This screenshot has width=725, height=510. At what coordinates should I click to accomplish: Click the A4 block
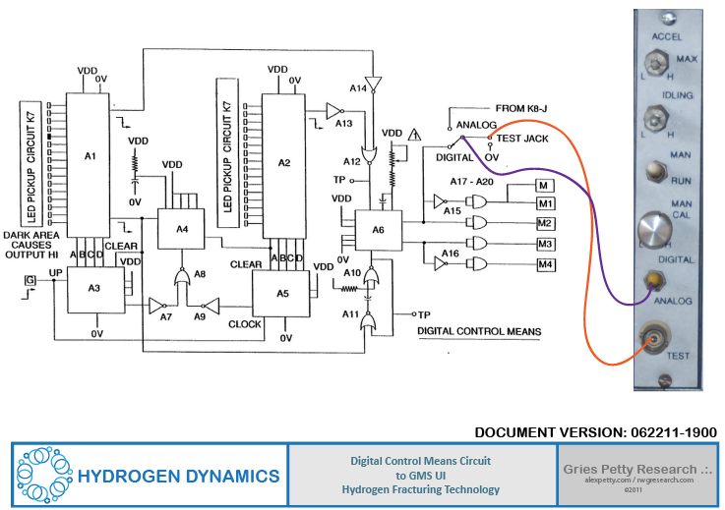(x=182, y=228)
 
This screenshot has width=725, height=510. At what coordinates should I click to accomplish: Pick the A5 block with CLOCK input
(x=282, y=293)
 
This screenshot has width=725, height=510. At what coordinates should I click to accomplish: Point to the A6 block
(x=378, y=228)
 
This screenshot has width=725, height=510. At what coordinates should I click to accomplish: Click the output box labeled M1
(x=545, y=203)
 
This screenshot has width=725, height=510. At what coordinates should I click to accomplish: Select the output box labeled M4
(x=545, y=265)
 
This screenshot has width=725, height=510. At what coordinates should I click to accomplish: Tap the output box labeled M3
(x=545, y=244)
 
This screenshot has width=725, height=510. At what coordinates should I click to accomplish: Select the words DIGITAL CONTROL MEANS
(x=479, y=332)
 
